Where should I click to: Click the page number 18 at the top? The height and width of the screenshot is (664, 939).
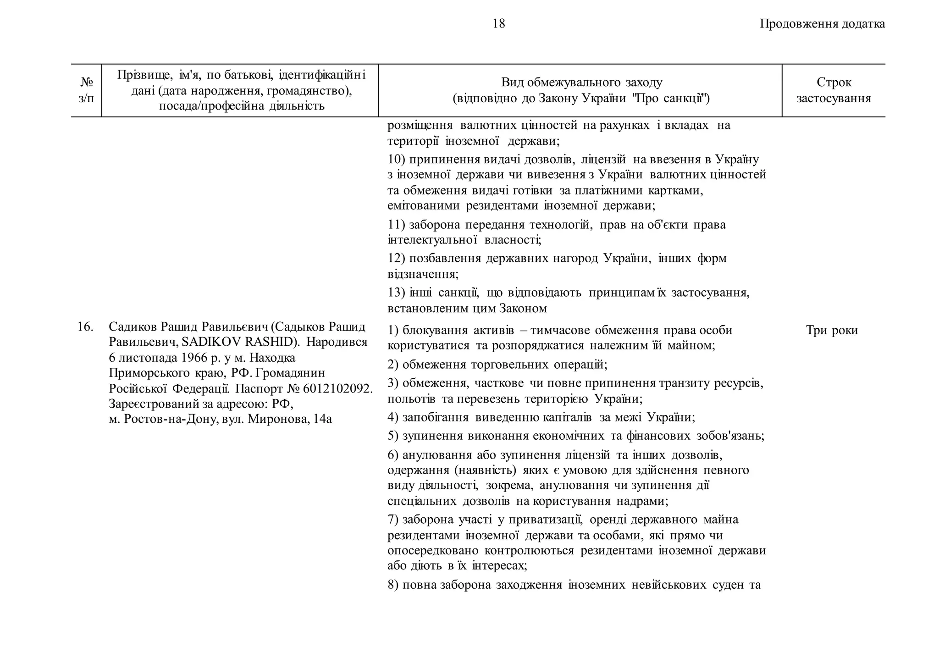tap(498, 23)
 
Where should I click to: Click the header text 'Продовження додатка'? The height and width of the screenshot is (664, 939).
tap(822, 24)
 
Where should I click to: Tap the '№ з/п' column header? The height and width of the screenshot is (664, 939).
tap(86, 90)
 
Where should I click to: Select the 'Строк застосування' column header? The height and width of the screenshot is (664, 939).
tap(834, 90)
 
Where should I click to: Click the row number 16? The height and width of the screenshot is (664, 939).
tap(85, 327)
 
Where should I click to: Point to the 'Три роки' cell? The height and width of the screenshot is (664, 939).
tap(832, 330)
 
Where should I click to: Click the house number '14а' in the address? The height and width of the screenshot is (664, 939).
tap(322, 419)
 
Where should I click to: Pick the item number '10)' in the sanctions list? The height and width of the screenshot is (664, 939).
tap(397, 160)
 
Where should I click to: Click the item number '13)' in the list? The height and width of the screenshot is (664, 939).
tap(397, 293)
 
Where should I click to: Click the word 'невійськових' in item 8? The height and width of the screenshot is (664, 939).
tap(668, 585)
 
